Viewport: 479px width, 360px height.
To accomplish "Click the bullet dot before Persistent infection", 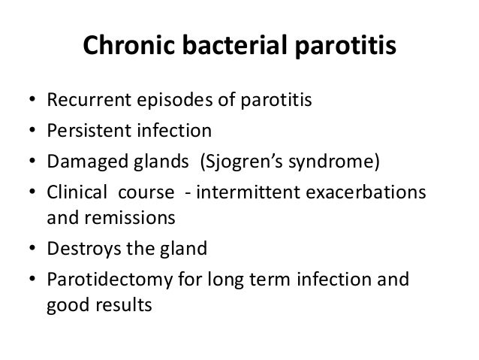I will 29,132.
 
